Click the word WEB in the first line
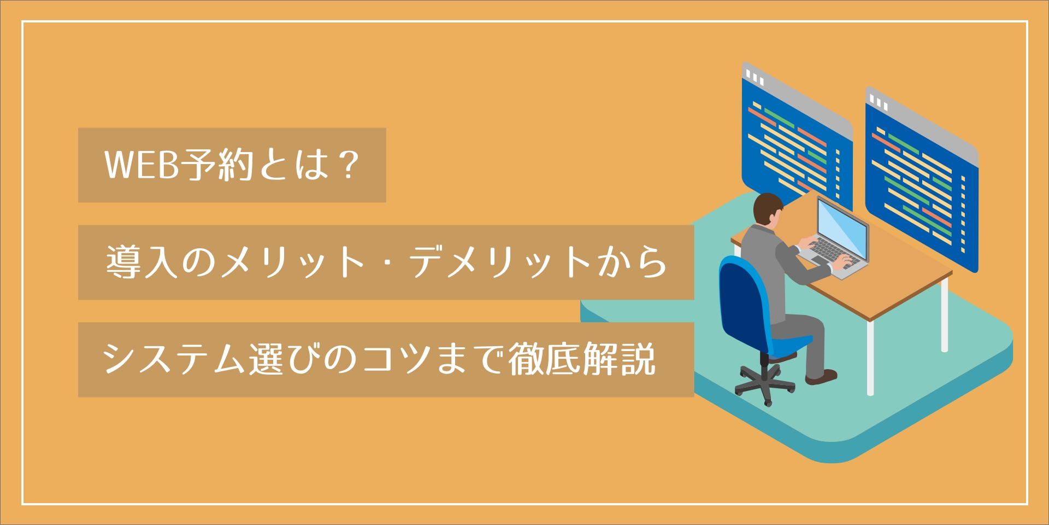pyautogui.click(x=142, y=164)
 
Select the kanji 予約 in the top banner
pyautogui.click(x=217, y=164)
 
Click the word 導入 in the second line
pyautogui.click(x=142, y=262)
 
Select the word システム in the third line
pyautogui.click(x=174, y=359)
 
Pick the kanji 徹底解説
pyautogui.click(x=582, y=359)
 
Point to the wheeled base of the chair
pyautogui.click(x=765, y=383)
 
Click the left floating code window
pyautogui.click(x=797, y=137)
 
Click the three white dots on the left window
pyautogui.click(x=755, y=77)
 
